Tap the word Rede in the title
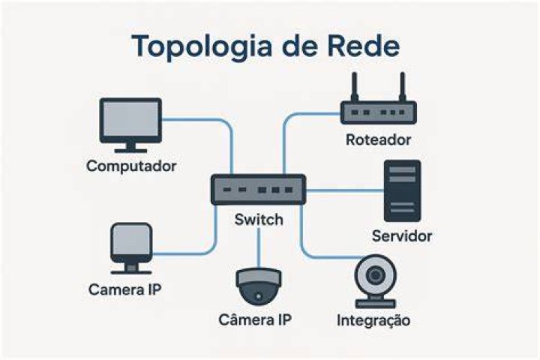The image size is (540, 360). tap(363, 45)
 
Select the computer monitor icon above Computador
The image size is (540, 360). tap(130, 125)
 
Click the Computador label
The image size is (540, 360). tap(131, 166)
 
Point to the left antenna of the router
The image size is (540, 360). tap(354, 87)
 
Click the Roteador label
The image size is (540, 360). tap(378, 139)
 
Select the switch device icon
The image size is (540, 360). tap(258, 190)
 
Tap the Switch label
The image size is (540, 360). tap(259, 220)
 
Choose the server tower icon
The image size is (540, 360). tap(402, 190)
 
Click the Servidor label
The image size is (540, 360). tap(402, 236)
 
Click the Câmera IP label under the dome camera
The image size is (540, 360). tap(255, 319)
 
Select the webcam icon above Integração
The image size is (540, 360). tap(376, 281)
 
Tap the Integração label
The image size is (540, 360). tap(373, 320)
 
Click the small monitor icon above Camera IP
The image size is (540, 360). tap(130, 248)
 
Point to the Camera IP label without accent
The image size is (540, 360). tap(124, 289)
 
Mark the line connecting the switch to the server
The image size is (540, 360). tap(345, 190)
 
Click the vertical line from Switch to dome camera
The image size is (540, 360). tap(258, 247)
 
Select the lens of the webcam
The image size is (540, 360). tap(376, 275)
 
